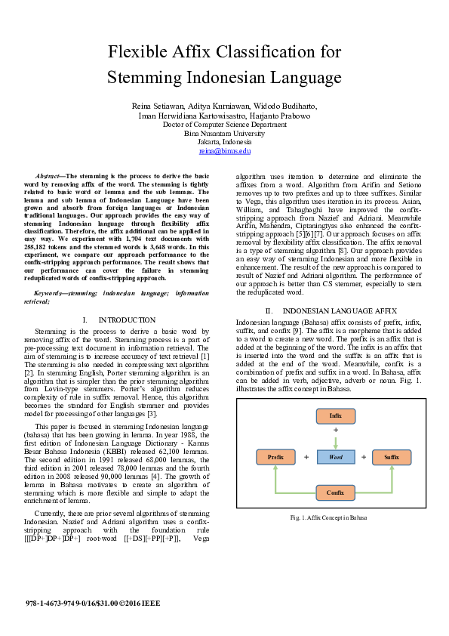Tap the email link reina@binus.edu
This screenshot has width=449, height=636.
(x=224, y=151)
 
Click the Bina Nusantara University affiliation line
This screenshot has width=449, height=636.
(x=224, y=134)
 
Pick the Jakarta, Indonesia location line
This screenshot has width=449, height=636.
(x=224, y=142)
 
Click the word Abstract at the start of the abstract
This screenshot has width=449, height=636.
(x=52, y=174)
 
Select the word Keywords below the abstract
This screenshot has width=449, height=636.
(x=54, y=292)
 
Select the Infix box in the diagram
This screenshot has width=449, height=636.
(x=335, y=415)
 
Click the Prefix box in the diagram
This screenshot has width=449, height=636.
(x=275, y=457)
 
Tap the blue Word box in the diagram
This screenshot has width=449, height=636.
(x=335, y=457)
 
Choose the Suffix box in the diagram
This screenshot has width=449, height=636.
(x=391, y=457)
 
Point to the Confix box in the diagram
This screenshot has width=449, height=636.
(x=335, y=492)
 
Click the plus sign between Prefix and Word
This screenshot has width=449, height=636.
(x=306, y=457)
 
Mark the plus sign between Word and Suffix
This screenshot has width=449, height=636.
(x=363, y=457)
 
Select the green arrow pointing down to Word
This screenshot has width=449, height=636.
(x=335, y=440)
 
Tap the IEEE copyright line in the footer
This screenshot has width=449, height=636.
(x=93, y=604)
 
